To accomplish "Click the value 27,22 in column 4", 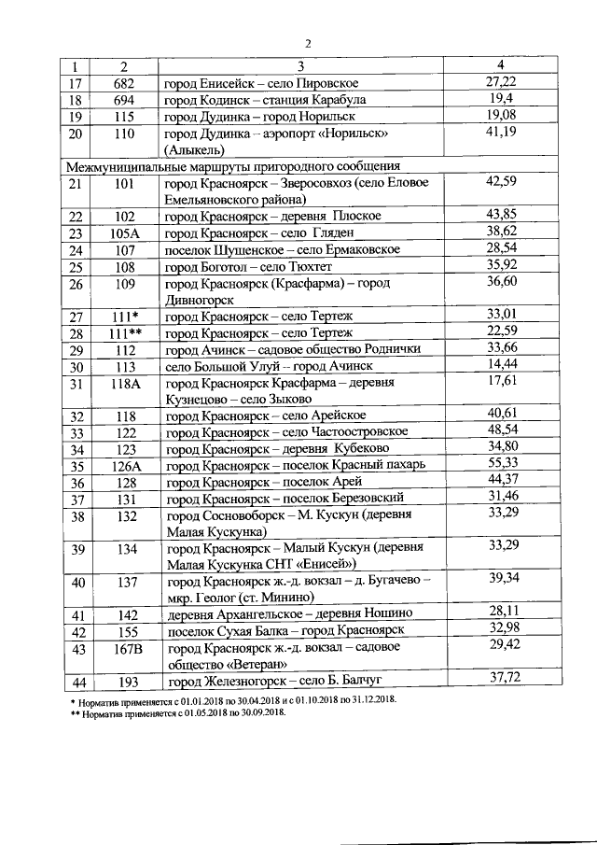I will (x=501, y=82).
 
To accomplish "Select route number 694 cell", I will (x=124, y=100).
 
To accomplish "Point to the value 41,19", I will (x=501, y=134).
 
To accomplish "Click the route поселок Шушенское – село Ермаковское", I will (x=282, y=249).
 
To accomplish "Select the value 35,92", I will (x=501, y=266).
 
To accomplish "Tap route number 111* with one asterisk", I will (x=124, y=316).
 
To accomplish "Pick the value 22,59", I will (x=501, y=332).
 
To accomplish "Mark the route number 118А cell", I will (x=124, y=383).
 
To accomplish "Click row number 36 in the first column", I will (x=76, y=483).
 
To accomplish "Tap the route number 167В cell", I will (x=124, y=649).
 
